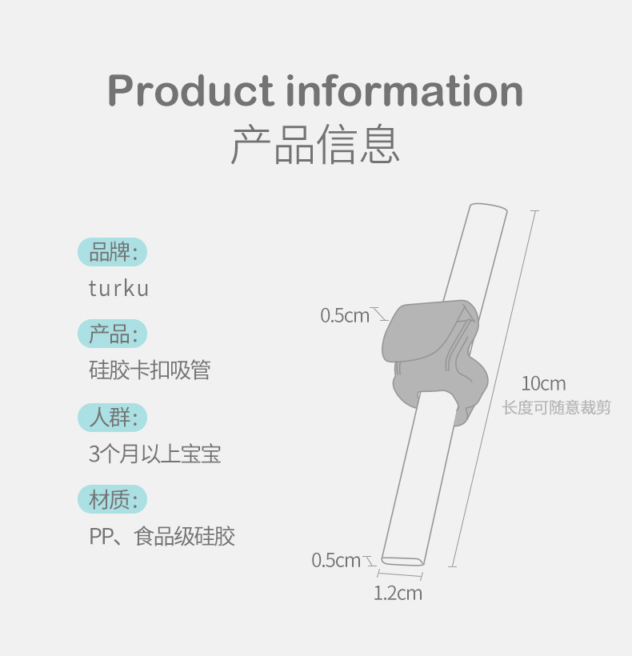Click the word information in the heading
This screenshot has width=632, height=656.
[405, 91]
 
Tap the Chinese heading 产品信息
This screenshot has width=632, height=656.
[315, 145]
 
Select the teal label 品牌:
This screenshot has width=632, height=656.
[113, 253]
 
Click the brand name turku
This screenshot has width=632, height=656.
[118, 289]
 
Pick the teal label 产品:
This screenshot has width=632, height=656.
[113, 334]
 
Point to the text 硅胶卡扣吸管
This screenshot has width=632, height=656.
[150, 370]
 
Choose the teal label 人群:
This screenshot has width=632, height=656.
[113, 417]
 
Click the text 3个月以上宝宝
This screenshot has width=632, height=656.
[154, 454]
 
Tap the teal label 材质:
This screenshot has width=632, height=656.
[113, 500]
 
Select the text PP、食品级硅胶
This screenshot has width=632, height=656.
[162, 536]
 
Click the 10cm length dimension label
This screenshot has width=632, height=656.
[543, 384]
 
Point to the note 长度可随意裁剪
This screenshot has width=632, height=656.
[556, 408]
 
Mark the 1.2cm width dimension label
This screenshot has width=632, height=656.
[398, 594]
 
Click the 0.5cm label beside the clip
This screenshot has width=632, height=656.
[345, 316]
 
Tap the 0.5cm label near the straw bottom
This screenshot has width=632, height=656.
[336, 561]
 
